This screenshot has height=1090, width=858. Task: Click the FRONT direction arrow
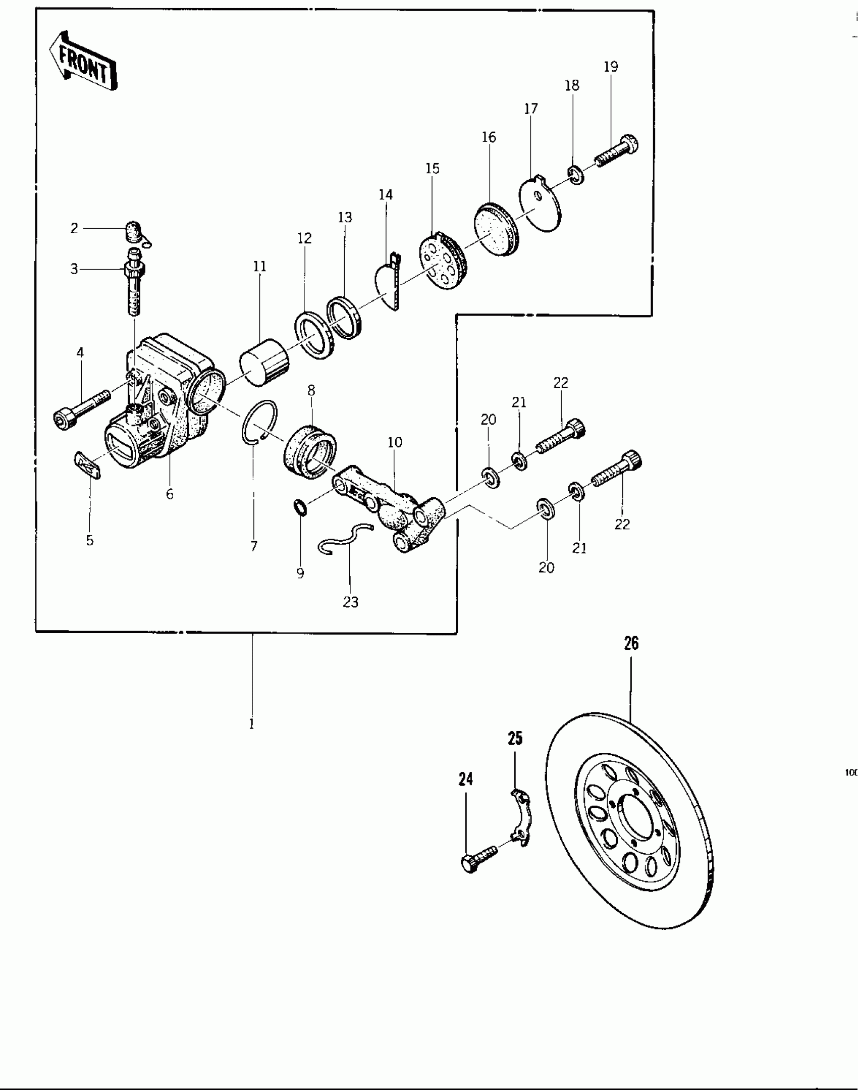point(83,62)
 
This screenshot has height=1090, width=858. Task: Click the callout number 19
point(611,67)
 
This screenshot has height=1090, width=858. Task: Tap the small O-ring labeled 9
point(300,506)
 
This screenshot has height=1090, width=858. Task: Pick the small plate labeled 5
point(88,465)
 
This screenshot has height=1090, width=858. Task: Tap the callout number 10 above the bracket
point(395,442)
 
